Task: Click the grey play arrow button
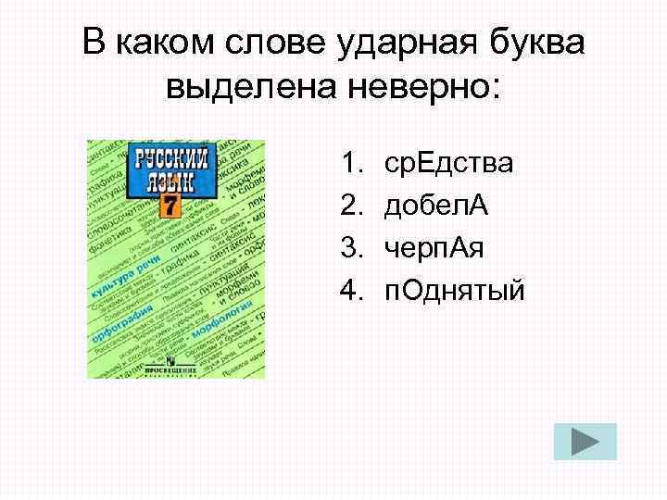585,442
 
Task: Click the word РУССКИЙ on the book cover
171,157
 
